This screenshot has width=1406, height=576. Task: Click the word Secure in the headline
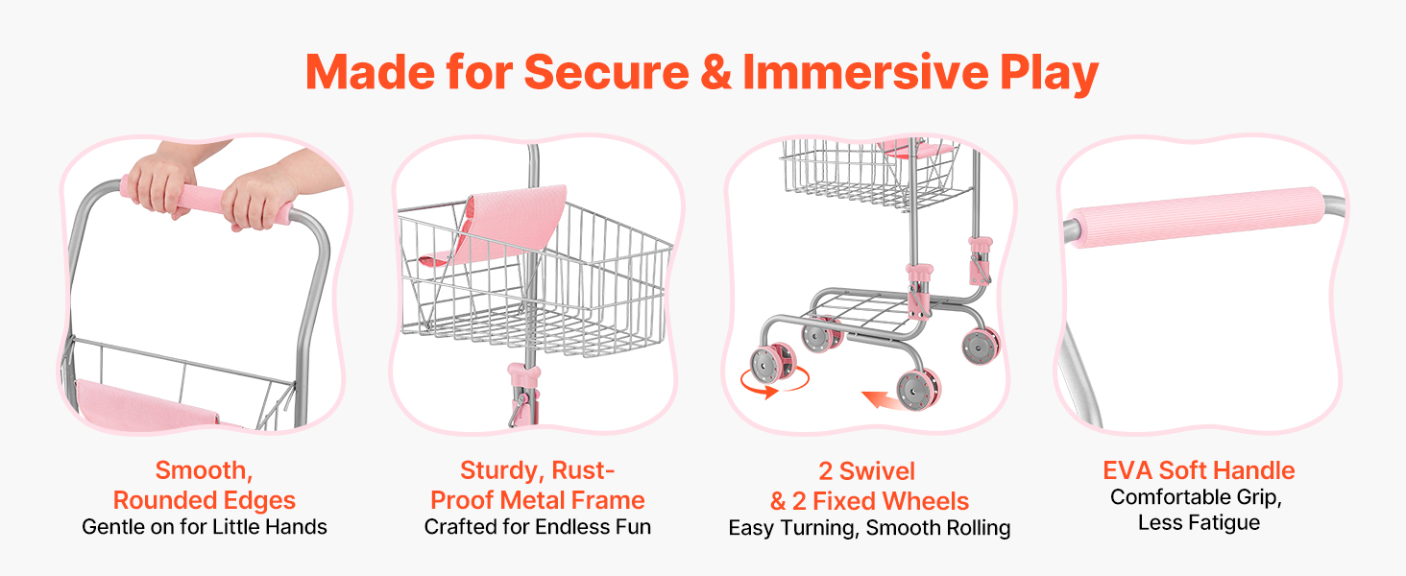click(x=606, y=72)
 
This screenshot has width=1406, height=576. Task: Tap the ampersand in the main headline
click(x=715, y=72)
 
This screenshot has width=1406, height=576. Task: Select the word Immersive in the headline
click(x=865, y=72)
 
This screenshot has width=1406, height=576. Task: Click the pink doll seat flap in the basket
click(x=496, y=224)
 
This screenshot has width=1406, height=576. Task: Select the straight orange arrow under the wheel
click(x=883, y=399)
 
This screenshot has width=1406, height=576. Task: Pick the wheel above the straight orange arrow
click(x=919, y=389)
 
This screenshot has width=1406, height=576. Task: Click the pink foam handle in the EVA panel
click(x=1199, y=217)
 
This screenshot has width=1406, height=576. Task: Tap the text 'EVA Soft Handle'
click(x=1199, y=470)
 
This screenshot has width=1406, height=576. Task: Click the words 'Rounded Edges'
click(x=204, y=500)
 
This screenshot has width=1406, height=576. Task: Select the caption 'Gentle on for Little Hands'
click(x=204, y=526)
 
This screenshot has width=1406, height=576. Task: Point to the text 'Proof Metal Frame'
click(x=537, y=500)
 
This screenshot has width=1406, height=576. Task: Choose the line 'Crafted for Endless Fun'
click(x=537, y=526)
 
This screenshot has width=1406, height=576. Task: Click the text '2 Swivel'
click(x=867, y=471)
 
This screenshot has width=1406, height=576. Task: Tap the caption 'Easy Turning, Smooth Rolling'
click(x=869, y=528)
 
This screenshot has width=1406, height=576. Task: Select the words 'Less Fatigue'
click(x=1199, y=522)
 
